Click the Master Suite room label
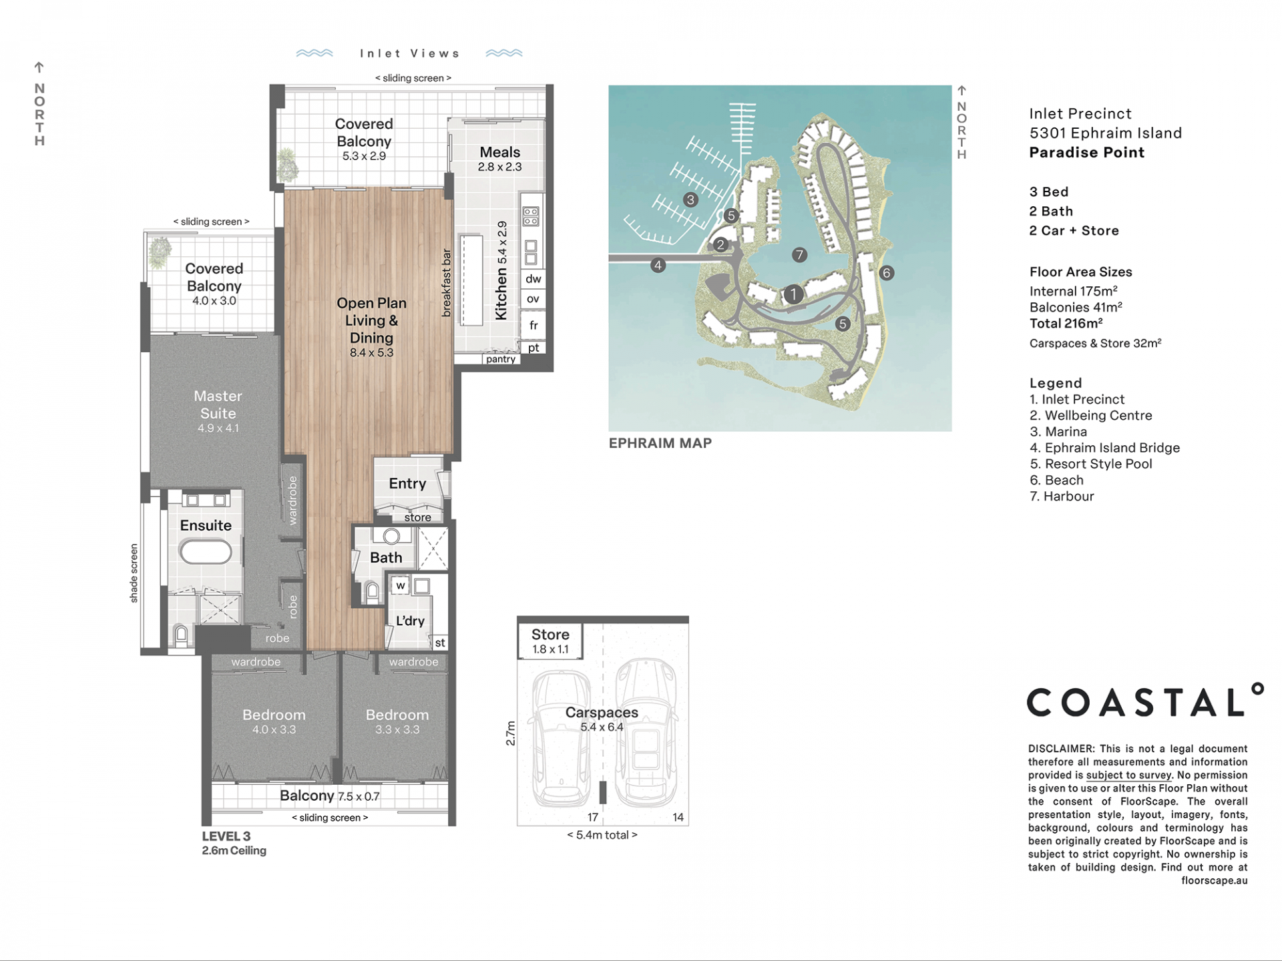[x=218, y=404]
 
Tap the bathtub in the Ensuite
[x=206, y=553]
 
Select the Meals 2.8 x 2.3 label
[x=499, y=159]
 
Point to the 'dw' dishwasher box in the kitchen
[x=533, y=279]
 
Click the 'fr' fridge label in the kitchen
[x=533, y=325]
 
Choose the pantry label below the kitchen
[x=501, y=359]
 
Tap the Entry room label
[x=407, y=483]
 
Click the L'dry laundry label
[x=410, y=621]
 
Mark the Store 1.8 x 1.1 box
[x=550, y=641]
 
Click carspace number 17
[x=593, y=818]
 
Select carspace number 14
[x=678, y=818]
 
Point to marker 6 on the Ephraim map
[x=887, y=272]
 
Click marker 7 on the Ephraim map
[x=799, y=254]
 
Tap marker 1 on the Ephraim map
[x=793, y=294]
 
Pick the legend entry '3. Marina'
[x=1058, y=432]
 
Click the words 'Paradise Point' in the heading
[x=1087, y=152]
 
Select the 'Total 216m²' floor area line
[x=1066, y=324]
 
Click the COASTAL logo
[x=1144, y=700]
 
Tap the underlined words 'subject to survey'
[x=1128, y=775]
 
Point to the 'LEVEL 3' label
[x=226, y=836]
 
